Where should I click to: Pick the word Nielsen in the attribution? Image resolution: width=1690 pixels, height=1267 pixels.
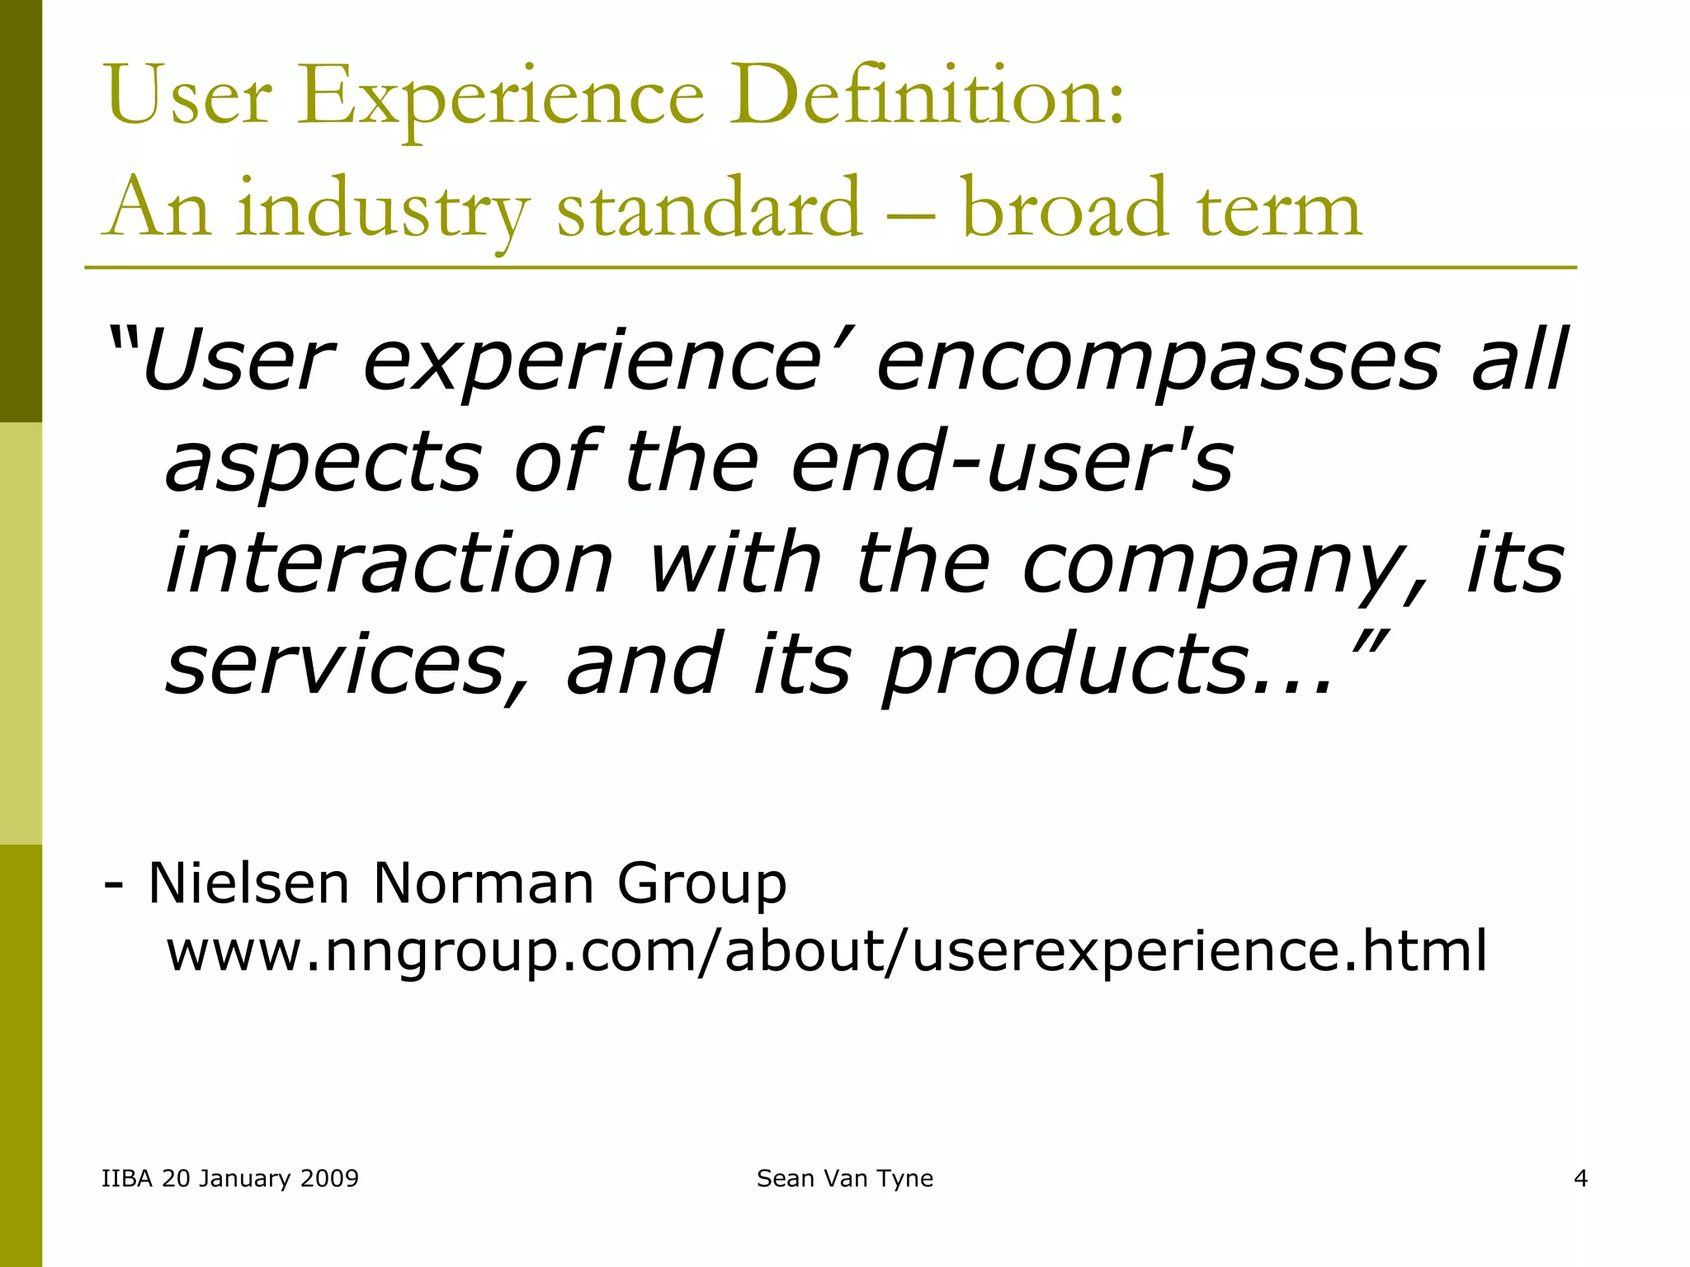coord(248,883)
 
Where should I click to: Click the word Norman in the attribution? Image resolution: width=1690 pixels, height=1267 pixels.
coord(484,883)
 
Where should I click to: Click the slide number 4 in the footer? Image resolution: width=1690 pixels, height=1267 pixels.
coord(1580,1178)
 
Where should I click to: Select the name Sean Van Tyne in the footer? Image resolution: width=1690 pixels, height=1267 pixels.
coord(845,1179)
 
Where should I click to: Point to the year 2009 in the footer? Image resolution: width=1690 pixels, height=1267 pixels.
coord(329,1178)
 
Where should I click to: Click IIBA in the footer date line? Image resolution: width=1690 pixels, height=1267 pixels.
coord(127,1178)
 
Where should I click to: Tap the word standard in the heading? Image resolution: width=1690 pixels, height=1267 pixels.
coord(710,208)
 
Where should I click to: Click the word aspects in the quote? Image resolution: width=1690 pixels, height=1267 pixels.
coord(323,464)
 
